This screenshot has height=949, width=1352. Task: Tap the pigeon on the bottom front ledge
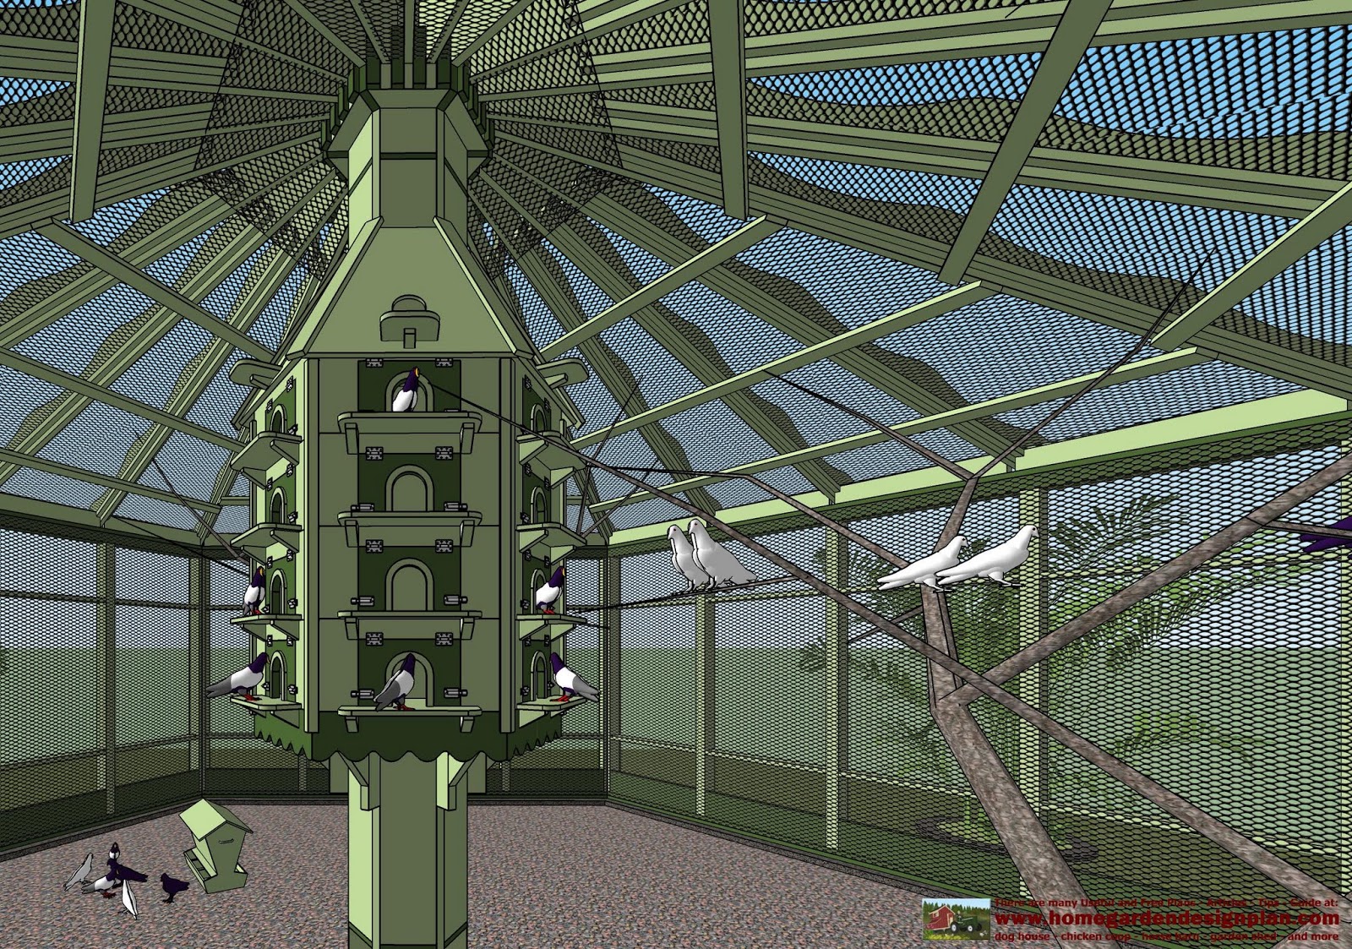(395, 683)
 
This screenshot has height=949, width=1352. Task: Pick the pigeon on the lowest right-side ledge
(570, 678)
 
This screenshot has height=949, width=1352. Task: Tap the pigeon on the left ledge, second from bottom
(254, 591)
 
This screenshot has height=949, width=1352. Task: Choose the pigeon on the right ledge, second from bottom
(551, 591)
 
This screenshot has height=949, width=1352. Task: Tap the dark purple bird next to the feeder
(175, 886)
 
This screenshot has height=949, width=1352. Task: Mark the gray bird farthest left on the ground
(79, 872)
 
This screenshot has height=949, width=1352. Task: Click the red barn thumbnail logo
(956, 919)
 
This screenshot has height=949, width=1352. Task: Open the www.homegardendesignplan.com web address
(1167, 919)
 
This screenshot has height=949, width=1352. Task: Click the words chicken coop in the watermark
(1094, 936)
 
